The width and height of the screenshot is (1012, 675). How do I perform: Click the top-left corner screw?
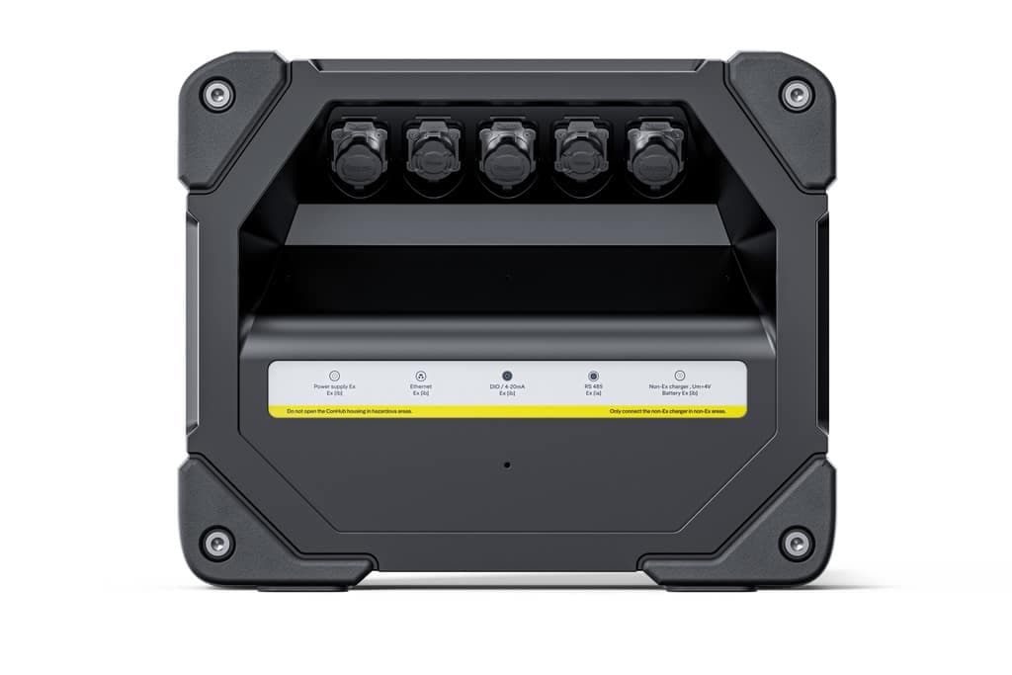point(216,96)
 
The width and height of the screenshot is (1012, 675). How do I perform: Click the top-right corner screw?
point(795,96)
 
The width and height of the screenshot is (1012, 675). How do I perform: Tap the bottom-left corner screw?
point(216,542)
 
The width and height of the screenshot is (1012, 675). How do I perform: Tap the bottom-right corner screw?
point(795,542)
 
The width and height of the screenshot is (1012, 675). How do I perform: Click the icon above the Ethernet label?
point(421,376)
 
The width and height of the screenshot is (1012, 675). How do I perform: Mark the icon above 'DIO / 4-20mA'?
point(507,376)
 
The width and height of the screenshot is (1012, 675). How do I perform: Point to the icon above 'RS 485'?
point(593,376)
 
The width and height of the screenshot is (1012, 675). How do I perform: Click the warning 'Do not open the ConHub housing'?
point(349,410)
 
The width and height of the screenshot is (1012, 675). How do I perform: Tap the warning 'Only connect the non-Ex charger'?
point(667,410)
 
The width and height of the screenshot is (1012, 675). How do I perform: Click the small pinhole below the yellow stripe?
point(507,464)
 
